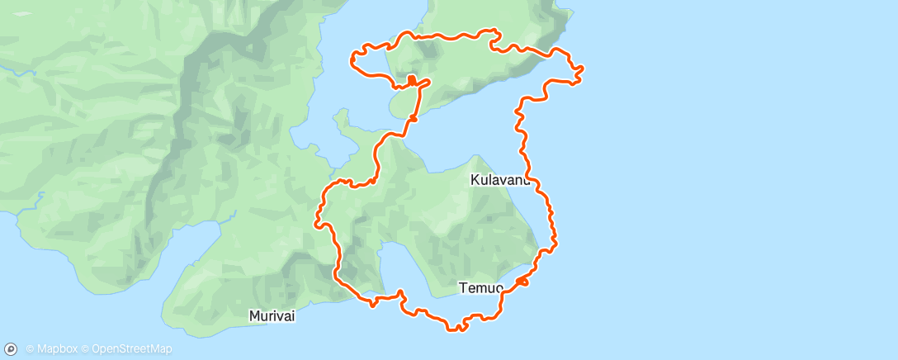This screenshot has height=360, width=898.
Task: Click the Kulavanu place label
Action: [x=500, y=179]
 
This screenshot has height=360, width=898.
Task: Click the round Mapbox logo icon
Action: [x=12, y=349]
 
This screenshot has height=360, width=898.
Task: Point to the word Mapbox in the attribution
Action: [x=57, y=349]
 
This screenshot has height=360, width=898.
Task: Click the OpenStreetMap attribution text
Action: [x=132, y=349]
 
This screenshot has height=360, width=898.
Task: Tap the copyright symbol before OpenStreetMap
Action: [x=86, y=349]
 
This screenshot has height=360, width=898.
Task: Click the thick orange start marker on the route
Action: [x=411, y=80]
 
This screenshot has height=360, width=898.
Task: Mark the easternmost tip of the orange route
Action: [x=583, y=69]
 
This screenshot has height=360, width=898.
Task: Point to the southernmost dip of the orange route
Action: [x=456, y=329]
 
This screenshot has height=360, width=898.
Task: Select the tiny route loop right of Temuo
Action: [x=522, y=282]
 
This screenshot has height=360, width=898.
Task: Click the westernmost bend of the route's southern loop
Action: [x=316, y=220]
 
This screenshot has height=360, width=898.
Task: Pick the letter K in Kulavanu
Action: [x=475, y=179]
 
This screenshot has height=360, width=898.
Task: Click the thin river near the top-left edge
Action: [x=21, y=73]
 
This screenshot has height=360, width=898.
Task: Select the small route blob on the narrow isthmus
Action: [x=412, y=118]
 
